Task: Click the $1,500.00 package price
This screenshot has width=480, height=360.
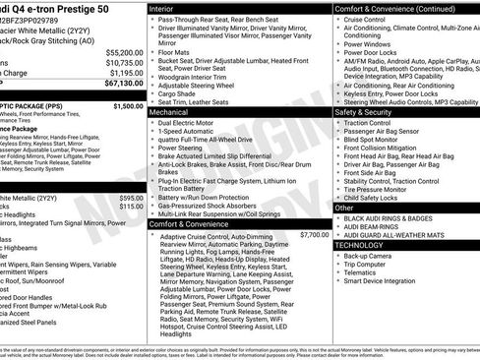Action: [128, 105]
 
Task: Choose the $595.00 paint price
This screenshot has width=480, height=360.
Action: [128, 198]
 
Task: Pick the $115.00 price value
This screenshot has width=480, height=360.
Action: [130, 207]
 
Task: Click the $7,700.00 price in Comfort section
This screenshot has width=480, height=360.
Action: [314, 235]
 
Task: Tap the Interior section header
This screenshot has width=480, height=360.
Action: [168, 8]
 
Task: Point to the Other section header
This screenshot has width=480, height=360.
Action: [345, 208]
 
